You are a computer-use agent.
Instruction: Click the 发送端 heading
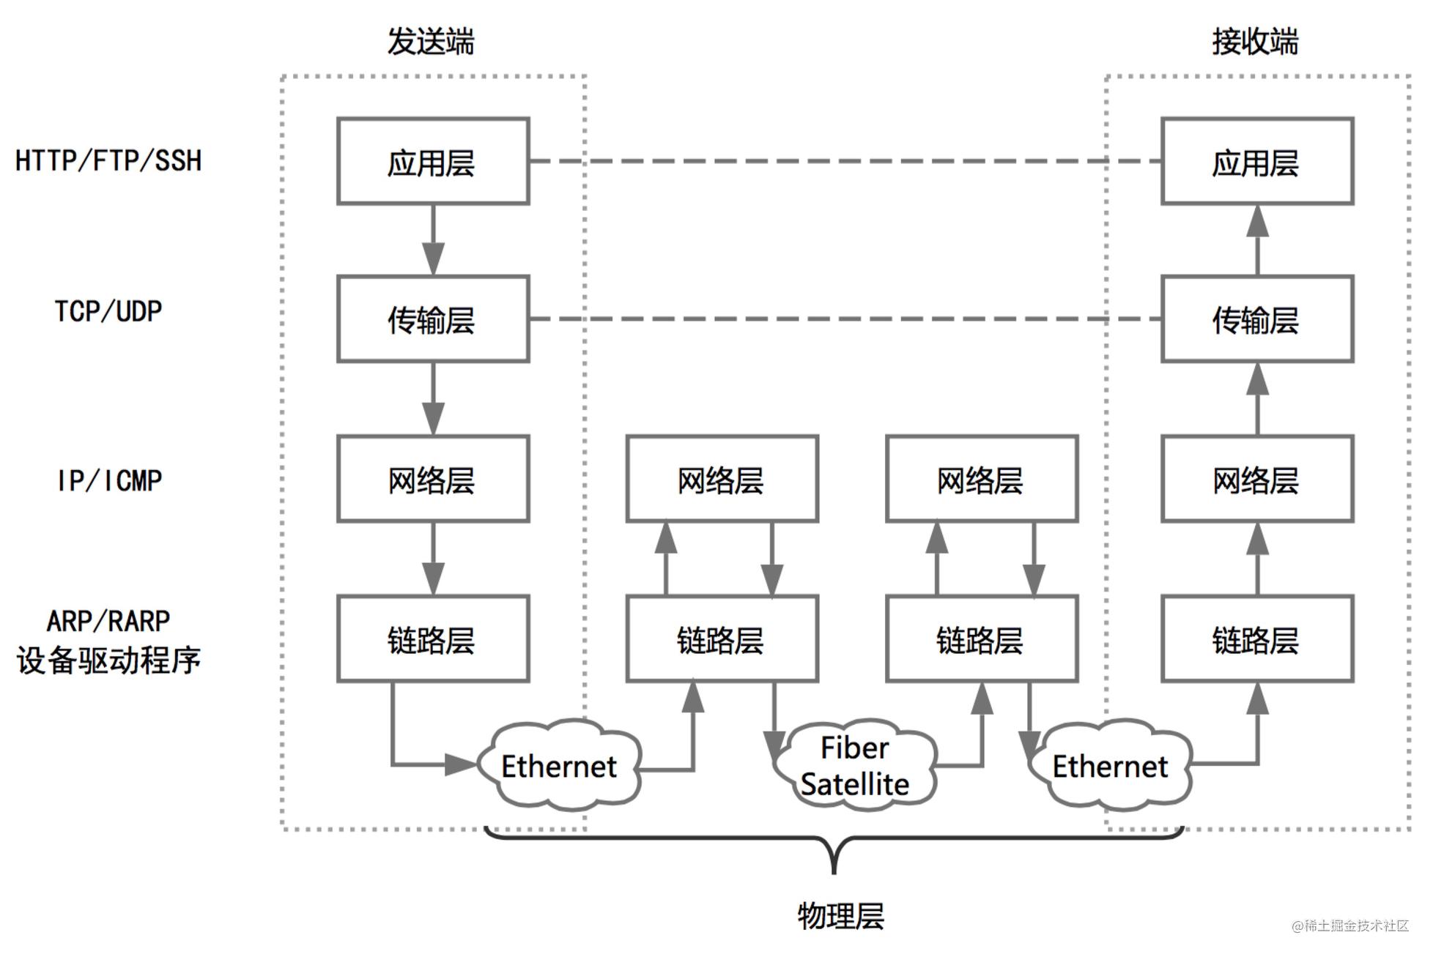(431, 41)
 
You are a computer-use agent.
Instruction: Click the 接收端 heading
(1255, 41)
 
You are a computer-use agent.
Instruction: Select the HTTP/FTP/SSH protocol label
(108, 160)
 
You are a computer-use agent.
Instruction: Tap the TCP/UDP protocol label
(108, 311)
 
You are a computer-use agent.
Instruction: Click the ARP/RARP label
(108, 621)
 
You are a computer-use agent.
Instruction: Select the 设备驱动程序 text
(108, 660)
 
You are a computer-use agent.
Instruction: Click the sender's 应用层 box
(433, 161)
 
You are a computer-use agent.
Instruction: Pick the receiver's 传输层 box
(1257, 319)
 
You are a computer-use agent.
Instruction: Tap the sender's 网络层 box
(433, 479)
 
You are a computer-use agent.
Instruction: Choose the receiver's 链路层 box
(1257, 638)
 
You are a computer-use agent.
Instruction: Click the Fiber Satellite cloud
(855, 765)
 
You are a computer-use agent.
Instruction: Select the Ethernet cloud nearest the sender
(559, 765)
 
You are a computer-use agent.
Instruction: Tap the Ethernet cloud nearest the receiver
(1110, 765)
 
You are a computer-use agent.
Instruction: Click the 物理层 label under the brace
(841, 916)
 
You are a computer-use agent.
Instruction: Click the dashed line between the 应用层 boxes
(845, 161)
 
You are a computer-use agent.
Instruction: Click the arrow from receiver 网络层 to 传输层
(1258, 399)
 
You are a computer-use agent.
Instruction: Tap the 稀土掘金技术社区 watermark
(1350, 926)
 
